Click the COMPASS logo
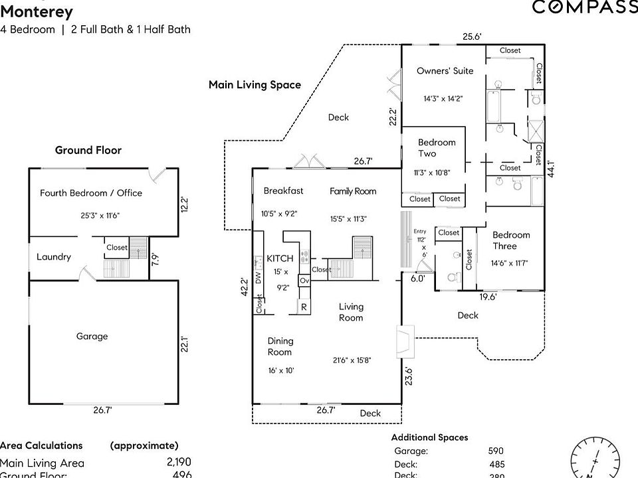pyautogui.click(x=585, y=7)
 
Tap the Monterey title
pyautogui.click(x=37, y=11)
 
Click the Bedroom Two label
pyautogui.click(x=437, y=148)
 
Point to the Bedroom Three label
pyautogui.click(x=511, y=240)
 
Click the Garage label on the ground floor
pyautogui.click(x=92, y=337)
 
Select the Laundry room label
pyautogui.click(x=54, y=257)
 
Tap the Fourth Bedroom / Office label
pyautogui.click(x=91, y=193)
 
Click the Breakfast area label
pyautogui.click(x=283, y=191)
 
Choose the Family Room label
pyautogui.click(x=353, y=191)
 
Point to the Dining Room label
pyautogui.click(x=280, y=347)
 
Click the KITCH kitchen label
pyautogui.click(x=280, y=258)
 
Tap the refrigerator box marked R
pyautogui.click(x=304, y=307)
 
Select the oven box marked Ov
pyautogui.click(x=304, y=281)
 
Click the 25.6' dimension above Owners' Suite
pyautogui.click(x=473, y=37)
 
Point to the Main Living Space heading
pyautogui.click(x=255, y=85)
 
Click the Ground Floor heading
pyautogui.click(x=88, y=151)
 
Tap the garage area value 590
pyautogui.click(x=496, y=451)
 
